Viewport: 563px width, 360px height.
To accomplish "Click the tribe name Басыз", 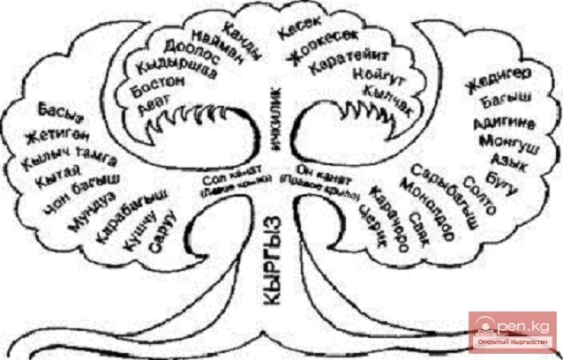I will [56, 112].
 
